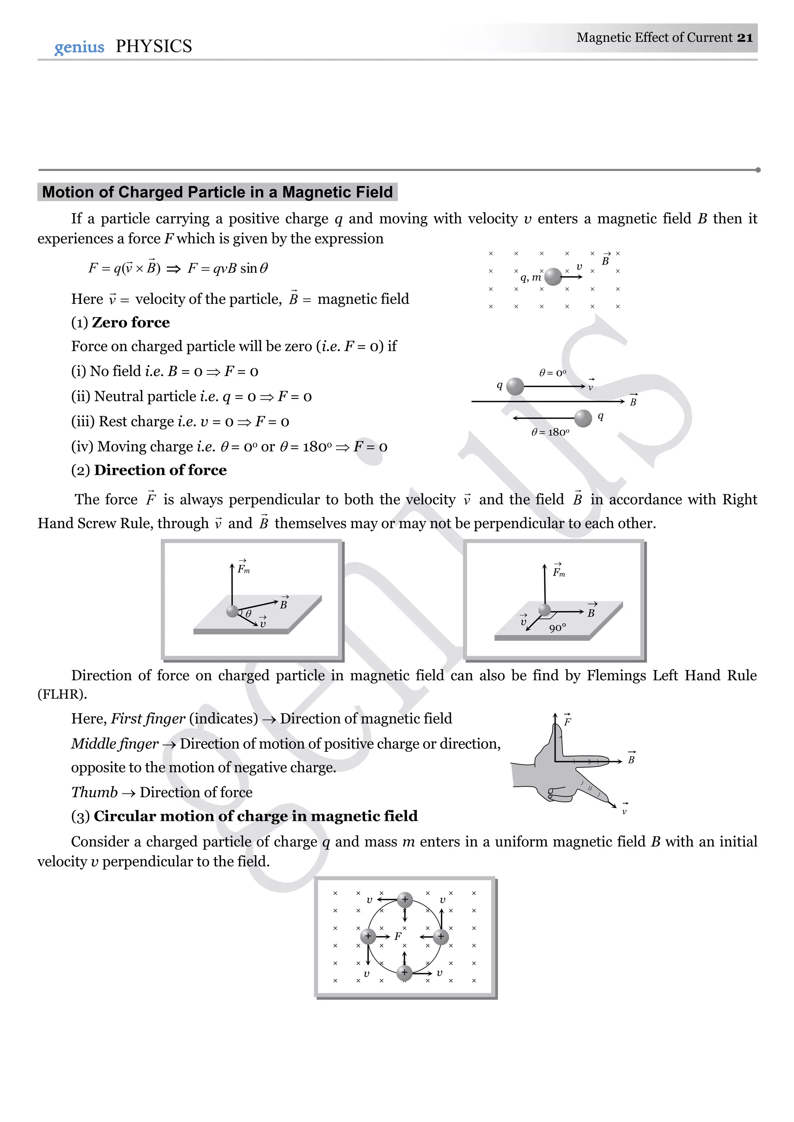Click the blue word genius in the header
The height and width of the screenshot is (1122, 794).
point(79,47)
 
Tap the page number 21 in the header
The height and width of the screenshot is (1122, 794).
point(745,38)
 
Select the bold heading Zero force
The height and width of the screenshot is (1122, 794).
point(131,322)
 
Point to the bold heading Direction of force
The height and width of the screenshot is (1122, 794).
point(161,470)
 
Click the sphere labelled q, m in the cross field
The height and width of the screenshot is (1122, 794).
point(553,277)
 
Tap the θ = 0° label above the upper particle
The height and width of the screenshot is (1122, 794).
point(552,373)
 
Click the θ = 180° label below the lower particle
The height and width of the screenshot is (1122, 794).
point(550,432)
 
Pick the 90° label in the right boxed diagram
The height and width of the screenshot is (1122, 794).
point(558,628)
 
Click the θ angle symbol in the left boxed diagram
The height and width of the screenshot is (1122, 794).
point(249,614)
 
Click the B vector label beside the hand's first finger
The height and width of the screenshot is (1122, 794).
point(631,760)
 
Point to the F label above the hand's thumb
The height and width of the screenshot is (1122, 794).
point(568,721)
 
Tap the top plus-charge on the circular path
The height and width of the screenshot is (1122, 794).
point(404,900)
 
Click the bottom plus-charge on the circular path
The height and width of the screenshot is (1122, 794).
point(404,972)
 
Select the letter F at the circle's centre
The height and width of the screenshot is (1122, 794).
point(397,936)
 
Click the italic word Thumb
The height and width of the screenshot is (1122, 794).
point(94,792)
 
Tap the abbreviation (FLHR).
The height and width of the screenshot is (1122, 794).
point(62,695)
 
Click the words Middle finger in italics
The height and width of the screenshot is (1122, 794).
point(115,744)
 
